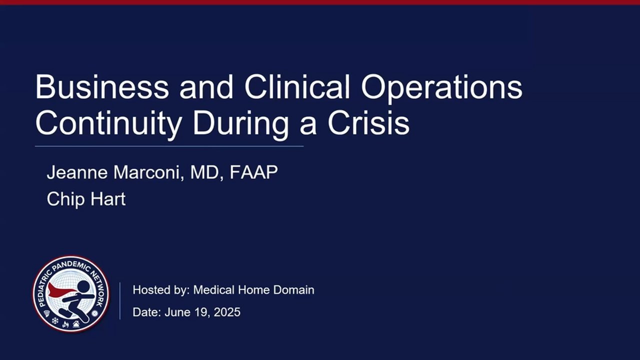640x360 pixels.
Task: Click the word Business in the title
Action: click(102, 86)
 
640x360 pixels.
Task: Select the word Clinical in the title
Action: click(297, 86)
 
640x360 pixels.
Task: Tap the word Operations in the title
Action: click(441, 88)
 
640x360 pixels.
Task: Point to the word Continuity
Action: click(108, 123)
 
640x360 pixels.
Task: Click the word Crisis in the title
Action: click(368, 123)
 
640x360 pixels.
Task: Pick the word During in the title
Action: click(240, 124)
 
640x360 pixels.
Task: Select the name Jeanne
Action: click(77, 172)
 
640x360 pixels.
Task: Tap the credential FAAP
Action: click(253, 172)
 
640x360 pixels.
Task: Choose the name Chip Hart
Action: click(86, 199)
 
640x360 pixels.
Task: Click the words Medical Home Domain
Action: click(253, 289)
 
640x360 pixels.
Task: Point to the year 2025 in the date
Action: click(227, 312)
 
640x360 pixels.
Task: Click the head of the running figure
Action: click(83, 287)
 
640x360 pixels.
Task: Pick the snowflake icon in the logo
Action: click(55, 321)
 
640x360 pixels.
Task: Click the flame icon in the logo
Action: click(65, 324)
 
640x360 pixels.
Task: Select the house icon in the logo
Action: click(76, 324)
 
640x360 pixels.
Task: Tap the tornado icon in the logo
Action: click(47, 313)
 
